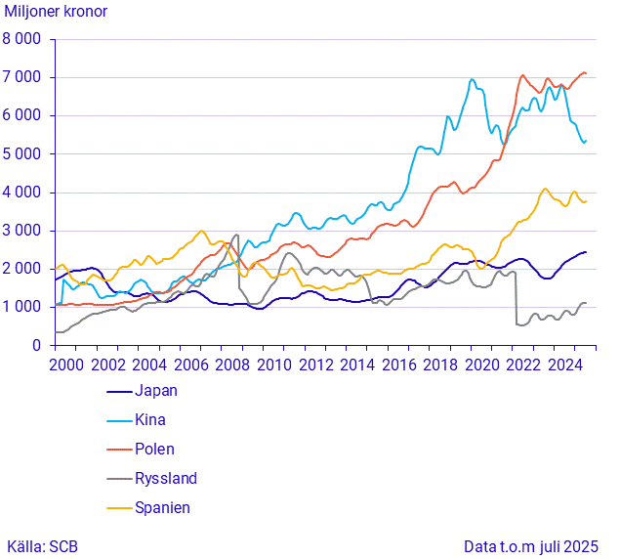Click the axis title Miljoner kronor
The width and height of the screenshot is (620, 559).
click(x=56, y=13)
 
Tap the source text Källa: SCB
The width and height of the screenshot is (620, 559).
click(x=46, y=546)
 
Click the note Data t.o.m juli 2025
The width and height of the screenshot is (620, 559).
click(x=531, y=546)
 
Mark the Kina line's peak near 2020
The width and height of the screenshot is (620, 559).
click(x=473, y=79)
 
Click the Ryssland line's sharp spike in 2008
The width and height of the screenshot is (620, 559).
click(x=236, y=235)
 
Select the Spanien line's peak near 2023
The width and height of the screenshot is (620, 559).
click(x=545, y=189)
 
